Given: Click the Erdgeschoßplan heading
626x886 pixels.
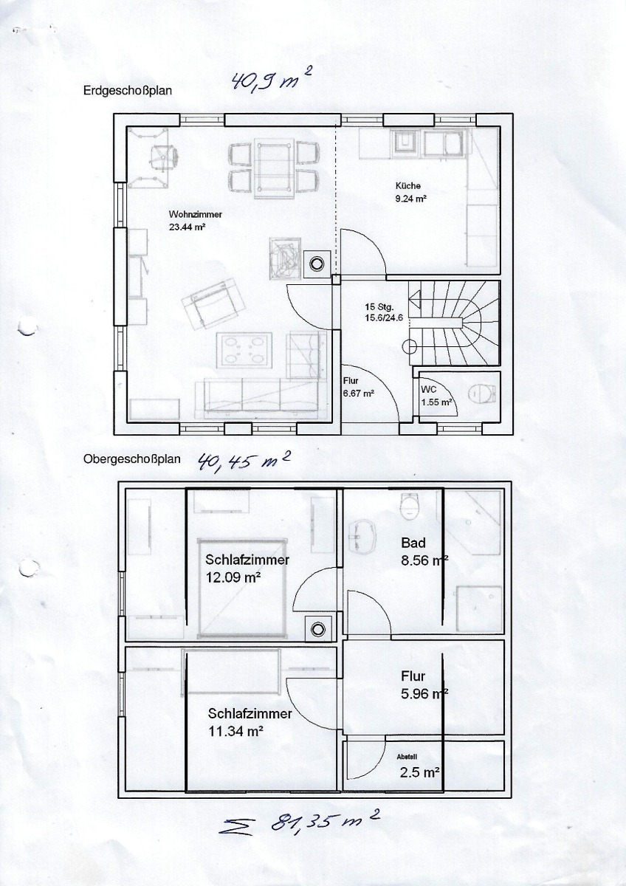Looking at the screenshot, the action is coord(127,91).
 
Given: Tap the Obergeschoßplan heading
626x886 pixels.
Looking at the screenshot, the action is coord(131,459).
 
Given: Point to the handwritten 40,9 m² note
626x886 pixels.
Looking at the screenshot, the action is coord(271,80).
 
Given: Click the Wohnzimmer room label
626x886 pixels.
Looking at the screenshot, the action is coord(196,214).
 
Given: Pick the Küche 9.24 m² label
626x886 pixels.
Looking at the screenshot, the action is coord(411,192).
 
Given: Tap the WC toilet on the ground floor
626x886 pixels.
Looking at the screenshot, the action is coord(483,393).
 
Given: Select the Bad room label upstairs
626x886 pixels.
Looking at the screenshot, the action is coord(413,543).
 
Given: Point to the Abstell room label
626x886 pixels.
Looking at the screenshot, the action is coord(407,757).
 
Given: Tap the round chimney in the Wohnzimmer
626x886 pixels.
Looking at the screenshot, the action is coord(317,264).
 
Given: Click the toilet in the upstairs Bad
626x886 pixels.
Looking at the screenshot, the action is coord(410,506).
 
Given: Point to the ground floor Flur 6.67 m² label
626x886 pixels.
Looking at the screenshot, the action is coord(359,387).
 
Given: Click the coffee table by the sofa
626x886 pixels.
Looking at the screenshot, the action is coord(244,350).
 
